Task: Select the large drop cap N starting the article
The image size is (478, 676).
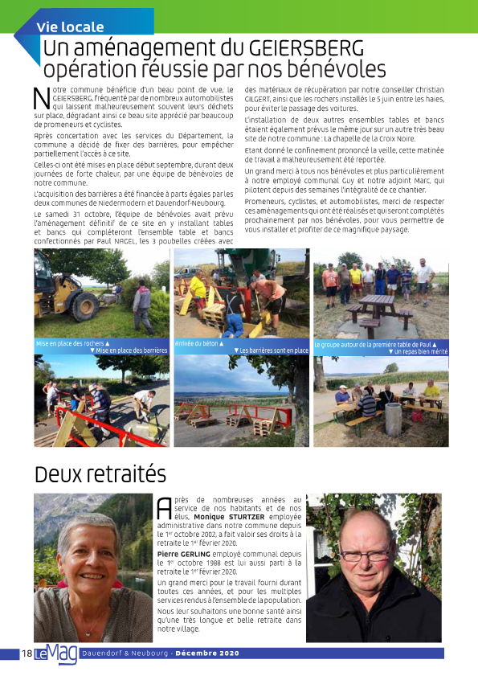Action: [x=42, y=98]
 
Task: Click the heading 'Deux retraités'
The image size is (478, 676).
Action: [x=100, y=473]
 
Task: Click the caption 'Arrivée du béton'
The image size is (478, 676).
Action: [x=198, y=343]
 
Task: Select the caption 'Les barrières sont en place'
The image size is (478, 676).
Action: [x=273, y=351]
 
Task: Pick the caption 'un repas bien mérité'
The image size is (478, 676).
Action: [x=419, y=351]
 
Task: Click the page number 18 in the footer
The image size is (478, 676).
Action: [x=27, y=653]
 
